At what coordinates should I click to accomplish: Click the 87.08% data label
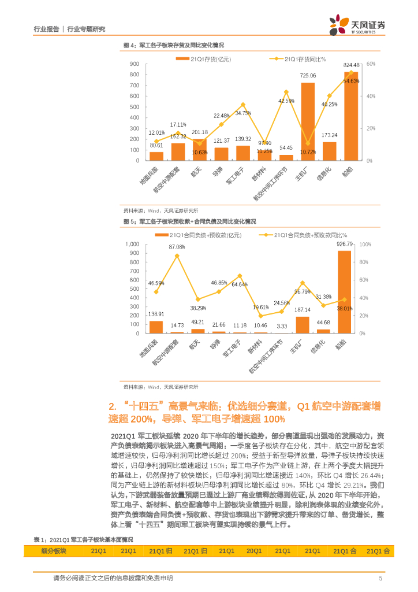pyautogui.click(x=177, y=247)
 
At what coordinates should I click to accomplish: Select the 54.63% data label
pyautogui.click(x=351, y=81)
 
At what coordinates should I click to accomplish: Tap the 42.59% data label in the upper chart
pyautogui.click(x=286, y=101)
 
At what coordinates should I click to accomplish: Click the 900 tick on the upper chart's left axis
pyautogui.click(x=135, y=64)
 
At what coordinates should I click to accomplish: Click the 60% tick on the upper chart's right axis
pyautogui.click(x=371, y=64)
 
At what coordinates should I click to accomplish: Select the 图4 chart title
pyautogui.click(x=174, y=45)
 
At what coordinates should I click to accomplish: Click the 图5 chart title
pyautogui.click(x=190, y=221)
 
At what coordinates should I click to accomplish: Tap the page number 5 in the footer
pyautogui.click(x=380, y=578)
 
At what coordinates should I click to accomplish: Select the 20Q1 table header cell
pyautogui.click(x=254, y=551)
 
